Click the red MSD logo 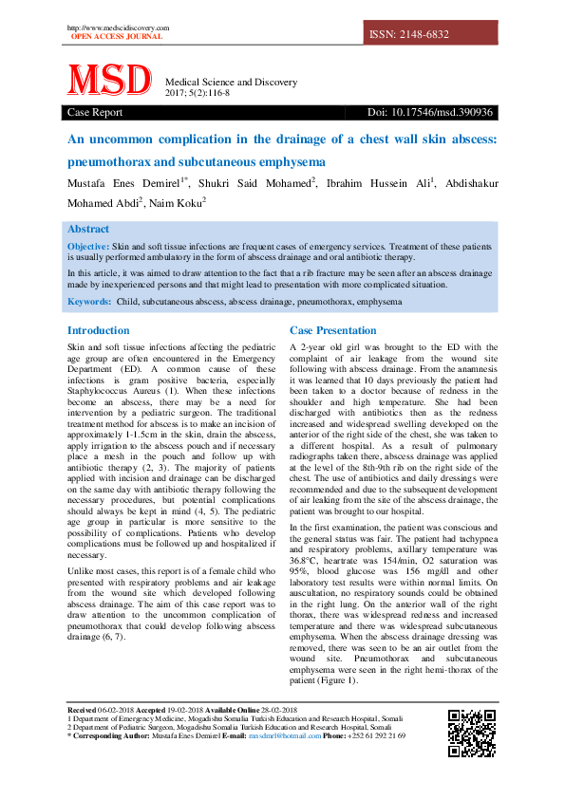pos(108,81)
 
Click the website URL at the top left pos(118,28)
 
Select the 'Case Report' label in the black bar pos(95,113)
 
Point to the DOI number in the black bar pos(430,113)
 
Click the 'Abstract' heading pos(88,229)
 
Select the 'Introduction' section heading pos(98,331)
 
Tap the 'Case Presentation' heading pos(332,331)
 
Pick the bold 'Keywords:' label pos(89,302)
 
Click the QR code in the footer pos(471,733)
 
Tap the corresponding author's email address pos(283,735)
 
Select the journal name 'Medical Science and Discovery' pos(231,83)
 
